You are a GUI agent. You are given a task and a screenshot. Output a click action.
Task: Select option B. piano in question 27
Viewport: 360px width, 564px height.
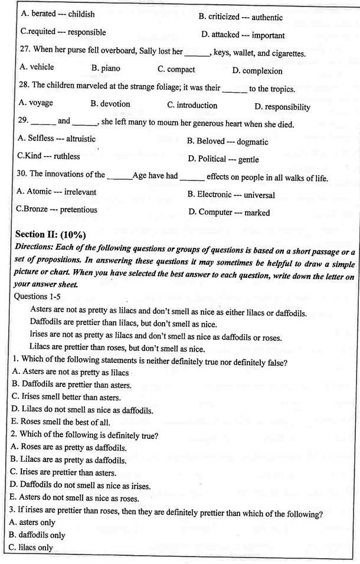(x=106, y=68)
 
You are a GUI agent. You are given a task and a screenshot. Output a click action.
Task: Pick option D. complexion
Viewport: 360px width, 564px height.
(x=257, y=71)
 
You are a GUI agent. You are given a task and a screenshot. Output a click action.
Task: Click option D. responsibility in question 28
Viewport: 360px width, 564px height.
(x=282, y=107)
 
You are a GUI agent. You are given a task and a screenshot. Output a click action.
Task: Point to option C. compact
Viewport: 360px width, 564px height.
(x=176, y=69)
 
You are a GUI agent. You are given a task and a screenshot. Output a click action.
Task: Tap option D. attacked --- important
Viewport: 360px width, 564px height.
(x=243, y=35)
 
